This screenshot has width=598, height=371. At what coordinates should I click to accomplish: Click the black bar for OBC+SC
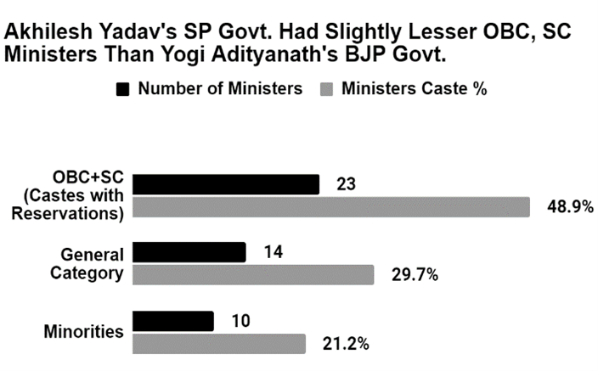click(227, 184)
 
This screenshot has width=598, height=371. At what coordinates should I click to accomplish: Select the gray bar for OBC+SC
click(332, 207)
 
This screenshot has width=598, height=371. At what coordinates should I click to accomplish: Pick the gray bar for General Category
click(254, 275)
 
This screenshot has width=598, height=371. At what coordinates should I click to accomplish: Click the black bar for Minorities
click(174, 321)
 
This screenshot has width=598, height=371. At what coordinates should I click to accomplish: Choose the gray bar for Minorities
click(220, 343)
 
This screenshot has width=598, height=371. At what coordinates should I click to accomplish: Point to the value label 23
click(346, 183)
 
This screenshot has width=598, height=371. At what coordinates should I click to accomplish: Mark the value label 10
click(240, 320)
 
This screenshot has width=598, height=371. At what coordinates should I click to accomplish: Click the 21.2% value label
click(345, 343)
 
